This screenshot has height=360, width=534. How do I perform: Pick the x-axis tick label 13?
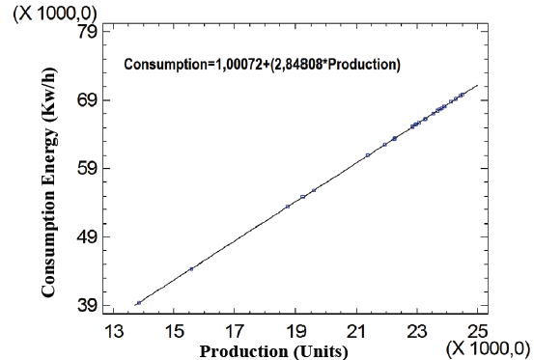pos(114,331)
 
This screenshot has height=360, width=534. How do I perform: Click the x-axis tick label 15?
pos(175,331)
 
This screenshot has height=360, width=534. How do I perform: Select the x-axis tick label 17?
pos(236,331)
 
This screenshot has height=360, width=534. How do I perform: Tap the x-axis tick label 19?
pos(296,331)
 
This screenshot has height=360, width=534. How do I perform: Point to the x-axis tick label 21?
pos(357,331)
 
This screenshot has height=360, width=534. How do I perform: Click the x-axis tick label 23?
pos(418,331)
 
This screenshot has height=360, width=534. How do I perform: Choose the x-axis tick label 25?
pos(478,331)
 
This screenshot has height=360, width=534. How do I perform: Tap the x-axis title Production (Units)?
pos(273,350)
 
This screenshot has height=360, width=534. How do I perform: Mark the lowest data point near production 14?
pos(139,303)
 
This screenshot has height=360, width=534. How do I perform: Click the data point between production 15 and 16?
pos(191,269)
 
